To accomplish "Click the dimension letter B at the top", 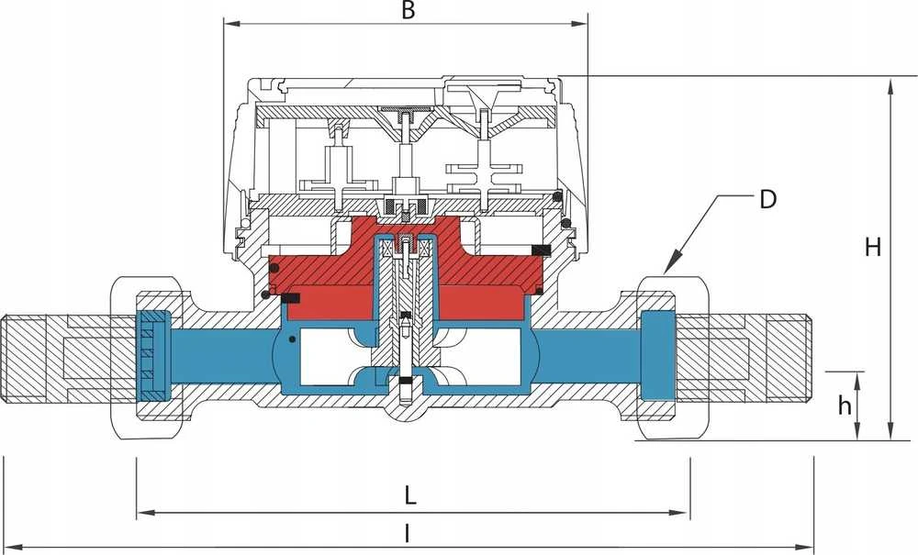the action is point(409,11).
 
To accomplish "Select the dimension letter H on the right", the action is point(873,248).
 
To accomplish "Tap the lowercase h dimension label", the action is point(844,405).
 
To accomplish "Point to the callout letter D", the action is point(767,199).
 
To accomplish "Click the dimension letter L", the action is point(409,496).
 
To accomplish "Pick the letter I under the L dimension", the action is point(408,533).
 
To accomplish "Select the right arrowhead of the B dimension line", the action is point(579,24).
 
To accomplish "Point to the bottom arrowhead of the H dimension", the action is point(890,431).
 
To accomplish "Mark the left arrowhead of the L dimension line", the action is point(145,514).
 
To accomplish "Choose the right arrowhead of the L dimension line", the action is point(681,514).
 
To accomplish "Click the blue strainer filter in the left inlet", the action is point(153,355).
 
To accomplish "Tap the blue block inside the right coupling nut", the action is point(658,355).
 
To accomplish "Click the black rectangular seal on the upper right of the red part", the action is point(542,250).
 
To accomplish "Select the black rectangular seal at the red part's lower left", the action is point(291,298).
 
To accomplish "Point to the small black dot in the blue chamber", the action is point(292,338).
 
